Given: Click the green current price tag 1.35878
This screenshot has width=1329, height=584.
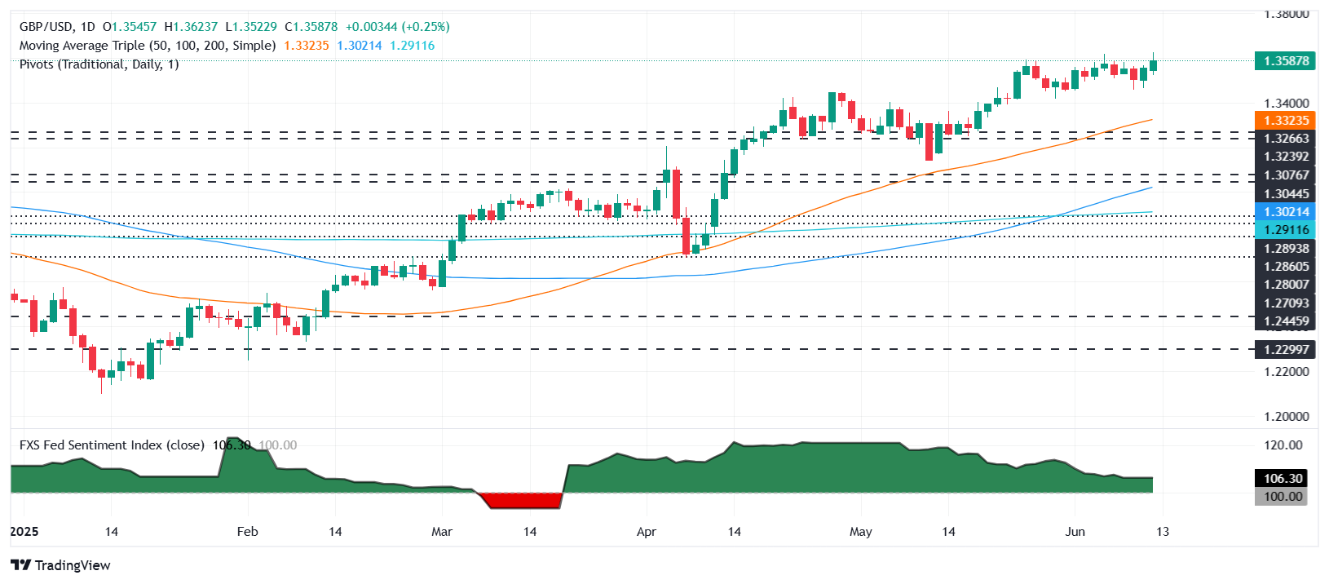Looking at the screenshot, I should pyautogui.click(x=1285, y=61).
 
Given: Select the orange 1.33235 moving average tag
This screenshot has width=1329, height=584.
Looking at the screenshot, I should pyautogui.click(x=1285, y=121).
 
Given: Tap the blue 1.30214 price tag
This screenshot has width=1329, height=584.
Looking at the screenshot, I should pyautogui.click(x=1285, y=212).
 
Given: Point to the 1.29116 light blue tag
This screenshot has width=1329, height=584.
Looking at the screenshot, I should pyautogui.click(x=1285, y=230).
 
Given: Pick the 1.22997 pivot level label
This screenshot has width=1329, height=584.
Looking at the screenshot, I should pyautogui.click(x=1286, y=350).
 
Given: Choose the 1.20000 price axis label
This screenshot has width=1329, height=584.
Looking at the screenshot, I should pyautogui.click(x=1286, y=416).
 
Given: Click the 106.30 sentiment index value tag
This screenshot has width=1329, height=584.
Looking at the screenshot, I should pyautogui.click(x=1283, y=479).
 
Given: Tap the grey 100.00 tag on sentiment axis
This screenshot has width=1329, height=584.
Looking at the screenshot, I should pyautogui.click(x=1283, y=496).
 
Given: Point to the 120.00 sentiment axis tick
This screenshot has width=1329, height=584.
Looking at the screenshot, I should pyautogui.click(x=1283, y=445).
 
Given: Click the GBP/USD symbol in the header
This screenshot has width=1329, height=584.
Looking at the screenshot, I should pyautogui.click(x=46, y=27).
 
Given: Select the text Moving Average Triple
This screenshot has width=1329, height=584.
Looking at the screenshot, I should pyautogui.click(x=82, y=46).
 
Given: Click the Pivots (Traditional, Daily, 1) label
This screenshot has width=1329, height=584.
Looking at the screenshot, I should pyautogui.click(x=99, y=64).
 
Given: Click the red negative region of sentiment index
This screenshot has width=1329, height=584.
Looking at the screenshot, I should pyautogui.click(x=522, y=500).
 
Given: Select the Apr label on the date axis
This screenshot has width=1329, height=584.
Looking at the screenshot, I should pyautogui.click(x=646, y=532).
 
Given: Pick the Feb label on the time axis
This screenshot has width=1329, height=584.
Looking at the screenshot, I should pyautogui.click(x=247, y=532).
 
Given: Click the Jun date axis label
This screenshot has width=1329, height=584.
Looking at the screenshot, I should pyautogui.click(x=1075, y=532).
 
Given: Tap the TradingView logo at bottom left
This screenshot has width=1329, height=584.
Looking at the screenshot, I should pyautogui.click(x=60, y=565).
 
